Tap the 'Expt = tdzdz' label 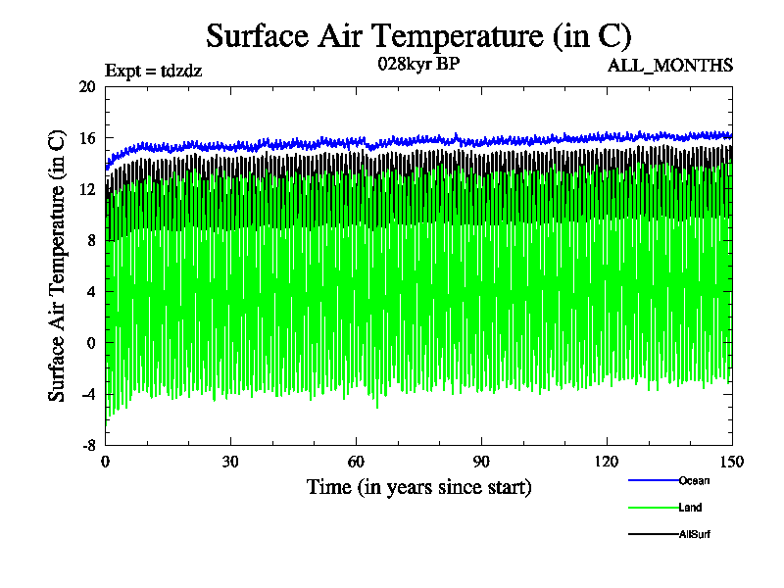pos(153,70)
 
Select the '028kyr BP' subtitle pos(418,65)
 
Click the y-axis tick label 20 pos(86,86)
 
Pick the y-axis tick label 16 pos(86,138)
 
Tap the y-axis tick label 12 pos(86,189)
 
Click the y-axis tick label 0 pos(91,343)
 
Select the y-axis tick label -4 pos(86,394)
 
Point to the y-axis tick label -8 pos(86,445)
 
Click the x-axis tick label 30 pos(231,463)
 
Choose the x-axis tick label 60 pos(357,463)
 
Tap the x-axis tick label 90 pos(482,463)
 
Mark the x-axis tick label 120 pos(608,463)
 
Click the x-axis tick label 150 pos(731,463)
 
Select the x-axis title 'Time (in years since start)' pos(418,487)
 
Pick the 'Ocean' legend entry pos(693,480)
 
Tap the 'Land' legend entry pos(690,508)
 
